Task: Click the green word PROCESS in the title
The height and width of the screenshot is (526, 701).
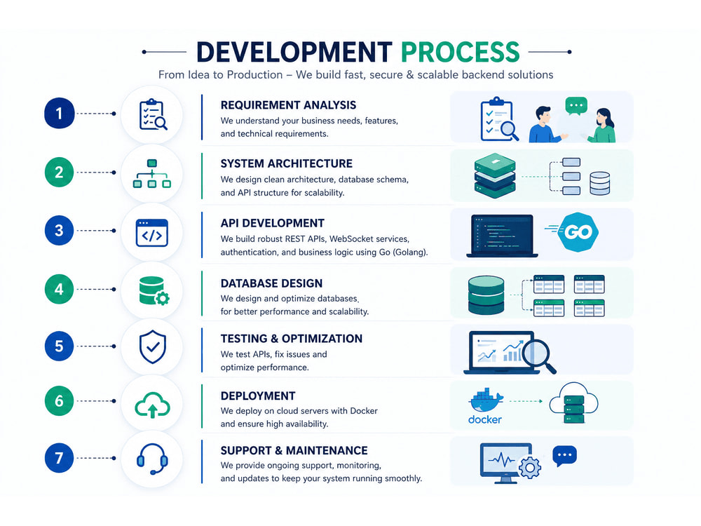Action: tap(460, 52)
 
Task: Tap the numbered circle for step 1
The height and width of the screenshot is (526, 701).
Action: tap(59, 113)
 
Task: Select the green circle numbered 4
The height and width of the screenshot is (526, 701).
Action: tap(59, 289)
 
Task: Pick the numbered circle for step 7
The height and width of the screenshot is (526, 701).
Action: tap(59, 457)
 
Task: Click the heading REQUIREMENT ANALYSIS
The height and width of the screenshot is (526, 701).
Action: tap(288, 105)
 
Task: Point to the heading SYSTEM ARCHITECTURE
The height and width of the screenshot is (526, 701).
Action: tap(287, 163)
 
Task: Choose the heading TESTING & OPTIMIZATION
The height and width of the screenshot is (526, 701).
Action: tap(292, 339)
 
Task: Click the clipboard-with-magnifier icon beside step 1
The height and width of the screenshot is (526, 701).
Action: tap(153, 114)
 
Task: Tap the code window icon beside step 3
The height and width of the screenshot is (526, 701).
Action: tap(152, 233)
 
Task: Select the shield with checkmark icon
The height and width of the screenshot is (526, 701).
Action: tap(152, 346)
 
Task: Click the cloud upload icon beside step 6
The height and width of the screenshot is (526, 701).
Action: tap(152, 405)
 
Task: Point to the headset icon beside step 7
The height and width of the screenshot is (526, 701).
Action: tap(152, 459)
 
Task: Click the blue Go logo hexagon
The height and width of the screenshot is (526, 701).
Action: tap(578, 231)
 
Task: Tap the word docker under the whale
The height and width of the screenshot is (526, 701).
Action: tap(484, 419)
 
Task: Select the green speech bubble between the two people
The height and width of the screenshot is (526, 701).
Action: tap(576, 107)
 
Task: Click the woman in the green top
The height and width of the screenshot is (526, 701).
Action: tap(603, 126)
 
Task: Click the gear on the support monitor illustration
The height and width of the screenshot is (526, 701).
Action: tap(530, 468)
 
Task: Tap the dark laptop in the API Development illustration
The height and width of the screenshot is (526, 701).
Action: tap(502, 236)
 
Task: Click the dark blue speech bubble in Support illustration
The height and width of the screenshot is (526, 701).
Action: tap(564, 456)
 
